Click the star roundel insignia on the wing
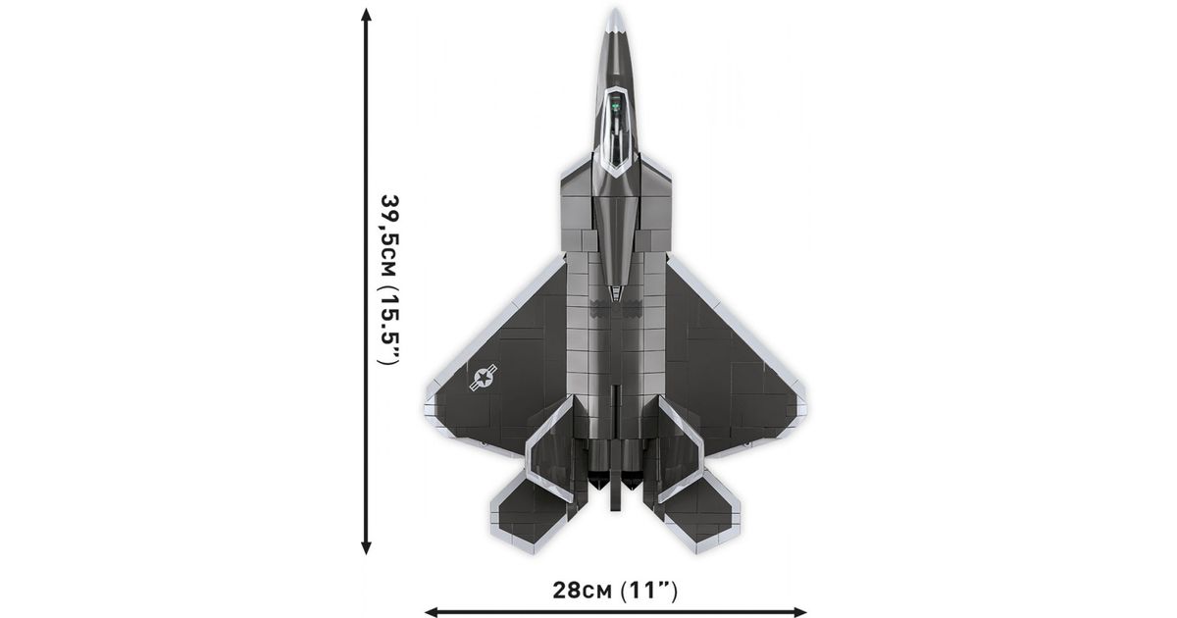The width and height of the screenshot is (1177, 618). pyautogui.click(x=484, y=377)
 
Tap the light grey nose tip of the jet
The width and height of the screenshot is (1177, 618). pyautogui.click(x=615, y=20)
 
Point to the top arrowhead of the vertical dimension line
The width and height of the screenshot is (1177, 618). pyautogui.click(x=366, y=15)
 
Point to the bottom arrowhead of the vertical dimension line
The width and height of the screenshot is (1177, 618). pyautogui.click(x=366, y=548)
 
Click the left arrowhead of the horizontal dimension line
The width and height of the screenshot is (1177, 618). pyautogui.click(x=431, y=612)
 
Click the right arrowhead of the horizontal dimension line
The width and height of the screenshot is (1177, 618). pyautogui.click(x=799, y=612)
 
